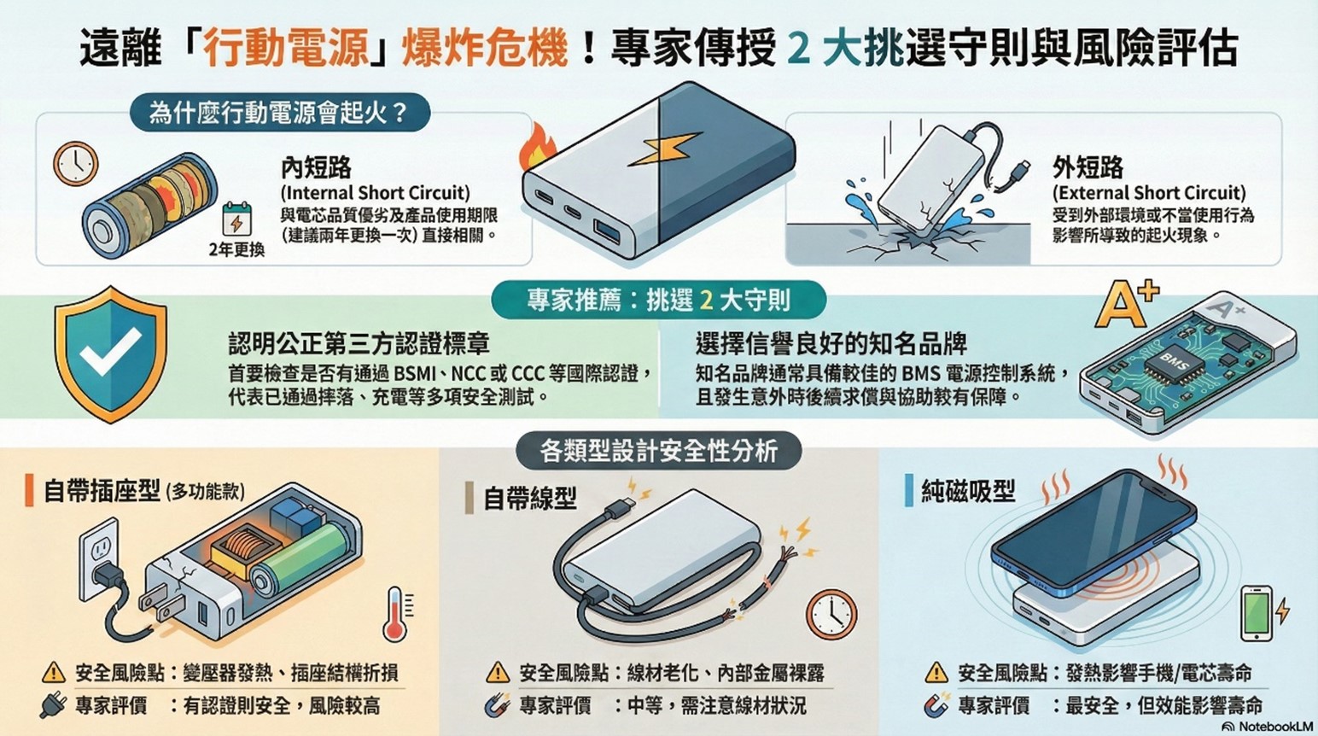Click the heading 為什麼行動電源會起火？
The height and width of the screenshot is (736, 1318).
click(x=279, y=113)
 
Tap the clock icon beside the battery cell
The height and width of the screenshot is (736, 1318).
click(x=76, y=162)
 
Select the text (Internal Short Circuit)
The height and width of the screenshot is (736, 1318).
click(x=376, y=193)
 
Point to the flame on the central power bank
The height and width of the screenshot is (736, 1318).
click(x=536, y=147)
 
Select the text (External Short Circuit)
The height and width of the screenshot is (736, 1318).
click(x=1148, y=193)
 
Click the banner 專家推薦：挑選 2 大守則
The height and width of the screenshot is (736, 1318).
click(x=658, y=301)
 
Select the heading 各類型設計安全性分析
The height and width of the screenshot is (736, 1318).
click(x=658, y=450)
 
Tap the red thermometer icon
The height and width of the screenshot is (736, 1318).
click(x=395, y=614)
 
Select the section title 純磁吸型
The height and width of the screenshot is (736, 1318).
click(x=968, y=491)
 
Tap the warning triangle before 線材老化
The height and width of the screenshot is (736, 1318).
click(x=497, y=673)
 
